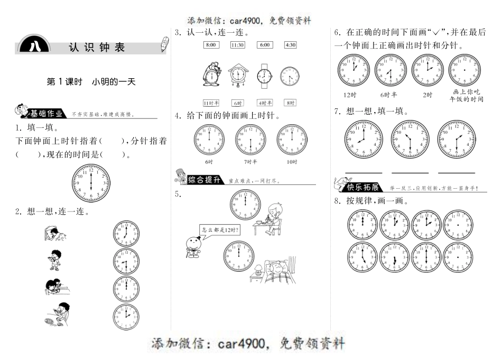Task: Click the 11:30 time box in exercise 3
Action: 238,45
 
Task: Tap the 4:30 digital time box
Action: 290,45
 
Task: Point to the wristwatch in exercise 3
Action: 263,77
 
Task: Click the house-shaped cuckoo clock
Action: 237,76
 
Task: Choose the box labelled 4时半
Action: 264,103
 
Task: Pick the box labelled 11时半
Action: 211,103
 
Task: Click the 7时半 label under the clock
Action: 250,161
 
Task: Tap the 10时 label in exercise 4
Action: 292,161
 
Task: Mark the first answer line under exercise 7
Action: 364,172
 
